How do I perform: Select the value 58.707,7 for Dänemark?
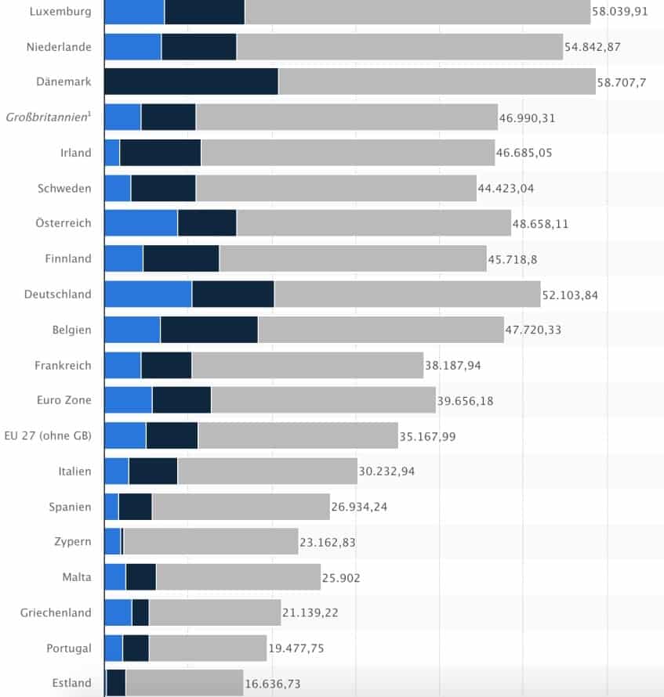point(621,82)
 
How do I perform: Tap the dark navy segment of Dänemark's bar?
point(191,82)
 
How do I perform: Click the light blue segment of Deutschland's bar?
point(148,294)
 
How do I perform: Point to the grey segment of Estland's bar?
point(184,683)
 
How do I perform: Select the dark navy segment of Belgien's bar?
point(209,330)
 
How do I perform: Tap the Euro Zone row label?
point(64,400)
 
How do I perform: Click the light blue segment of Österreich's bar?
point(141,223)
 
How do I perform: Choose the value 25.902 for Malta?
point(341,577)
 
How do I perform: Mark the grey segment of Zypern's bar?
point(211,542)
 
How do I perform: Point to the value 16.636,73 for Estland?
point(272,684)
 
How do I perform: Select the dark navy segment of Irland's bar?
point(161,153)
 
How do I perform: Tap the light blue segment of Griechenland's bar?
point(118,612)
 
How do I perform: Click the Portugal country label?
point(68,648)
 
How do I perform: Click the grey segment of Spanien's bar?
point(241,507)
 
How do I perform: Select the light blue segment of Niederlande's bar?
point(132,47)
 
